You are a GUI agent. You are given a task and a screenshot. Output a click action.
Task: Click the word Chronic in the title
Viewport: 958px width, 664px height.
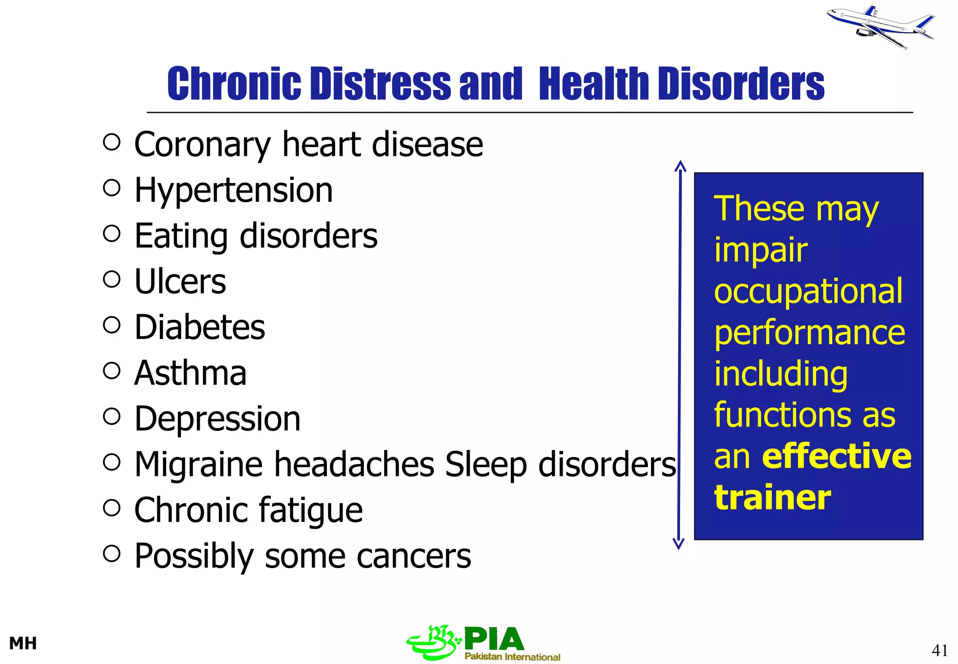[234, 84]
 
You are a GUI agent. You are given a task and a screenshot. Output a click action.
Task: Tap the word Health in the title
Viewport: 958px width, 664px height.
[594, 84]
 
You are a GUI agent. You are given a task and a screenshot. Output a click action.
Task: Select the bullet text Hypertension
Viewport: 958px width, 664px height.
[233, 191]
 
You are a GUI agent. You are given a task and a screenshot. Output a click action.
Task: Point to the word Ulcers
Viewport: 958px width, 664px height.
[180, 282]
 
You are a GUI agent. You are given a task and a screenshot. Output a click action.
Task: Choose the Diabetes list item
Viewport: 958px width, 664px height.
[200, 327]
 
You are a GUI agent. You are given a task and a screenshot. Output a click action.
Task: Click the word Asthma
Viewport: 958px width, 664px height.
[190, 373]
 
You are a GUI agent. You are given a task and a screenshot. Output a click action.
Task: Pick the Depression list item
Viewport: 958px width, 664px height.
[218, 419]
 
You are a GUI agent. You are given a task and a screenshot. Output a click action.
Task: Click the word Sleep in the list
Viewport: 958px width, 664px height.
[486, 465]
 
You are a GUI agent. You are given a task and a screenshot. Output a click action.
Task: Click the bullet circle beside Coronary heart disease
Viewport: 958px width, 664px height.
[112, 142]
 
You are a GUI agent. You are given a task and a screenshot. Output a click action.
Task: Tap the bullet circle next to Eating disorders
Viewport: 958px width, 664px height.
[112, 234]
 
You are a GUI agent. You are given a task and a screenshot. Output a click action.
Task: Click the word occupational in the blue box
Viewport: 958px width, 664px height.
[808, 291]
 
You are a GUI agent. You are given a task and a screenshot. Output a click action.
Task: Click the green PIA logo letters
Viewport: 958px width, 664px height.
[494, 639]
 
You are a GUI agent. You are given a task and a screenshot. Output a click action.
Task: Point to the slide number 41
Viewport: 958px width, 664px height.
[940, 650]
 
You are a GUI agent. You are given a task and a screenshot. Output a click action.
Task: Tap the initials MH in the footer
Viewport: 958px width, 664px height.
[23, 643]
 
